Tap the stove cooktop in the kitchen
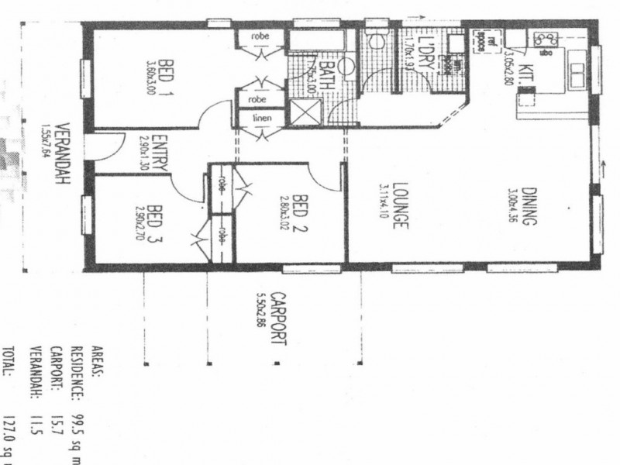coord(546,39)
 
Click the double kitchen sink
coord(577,74)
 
